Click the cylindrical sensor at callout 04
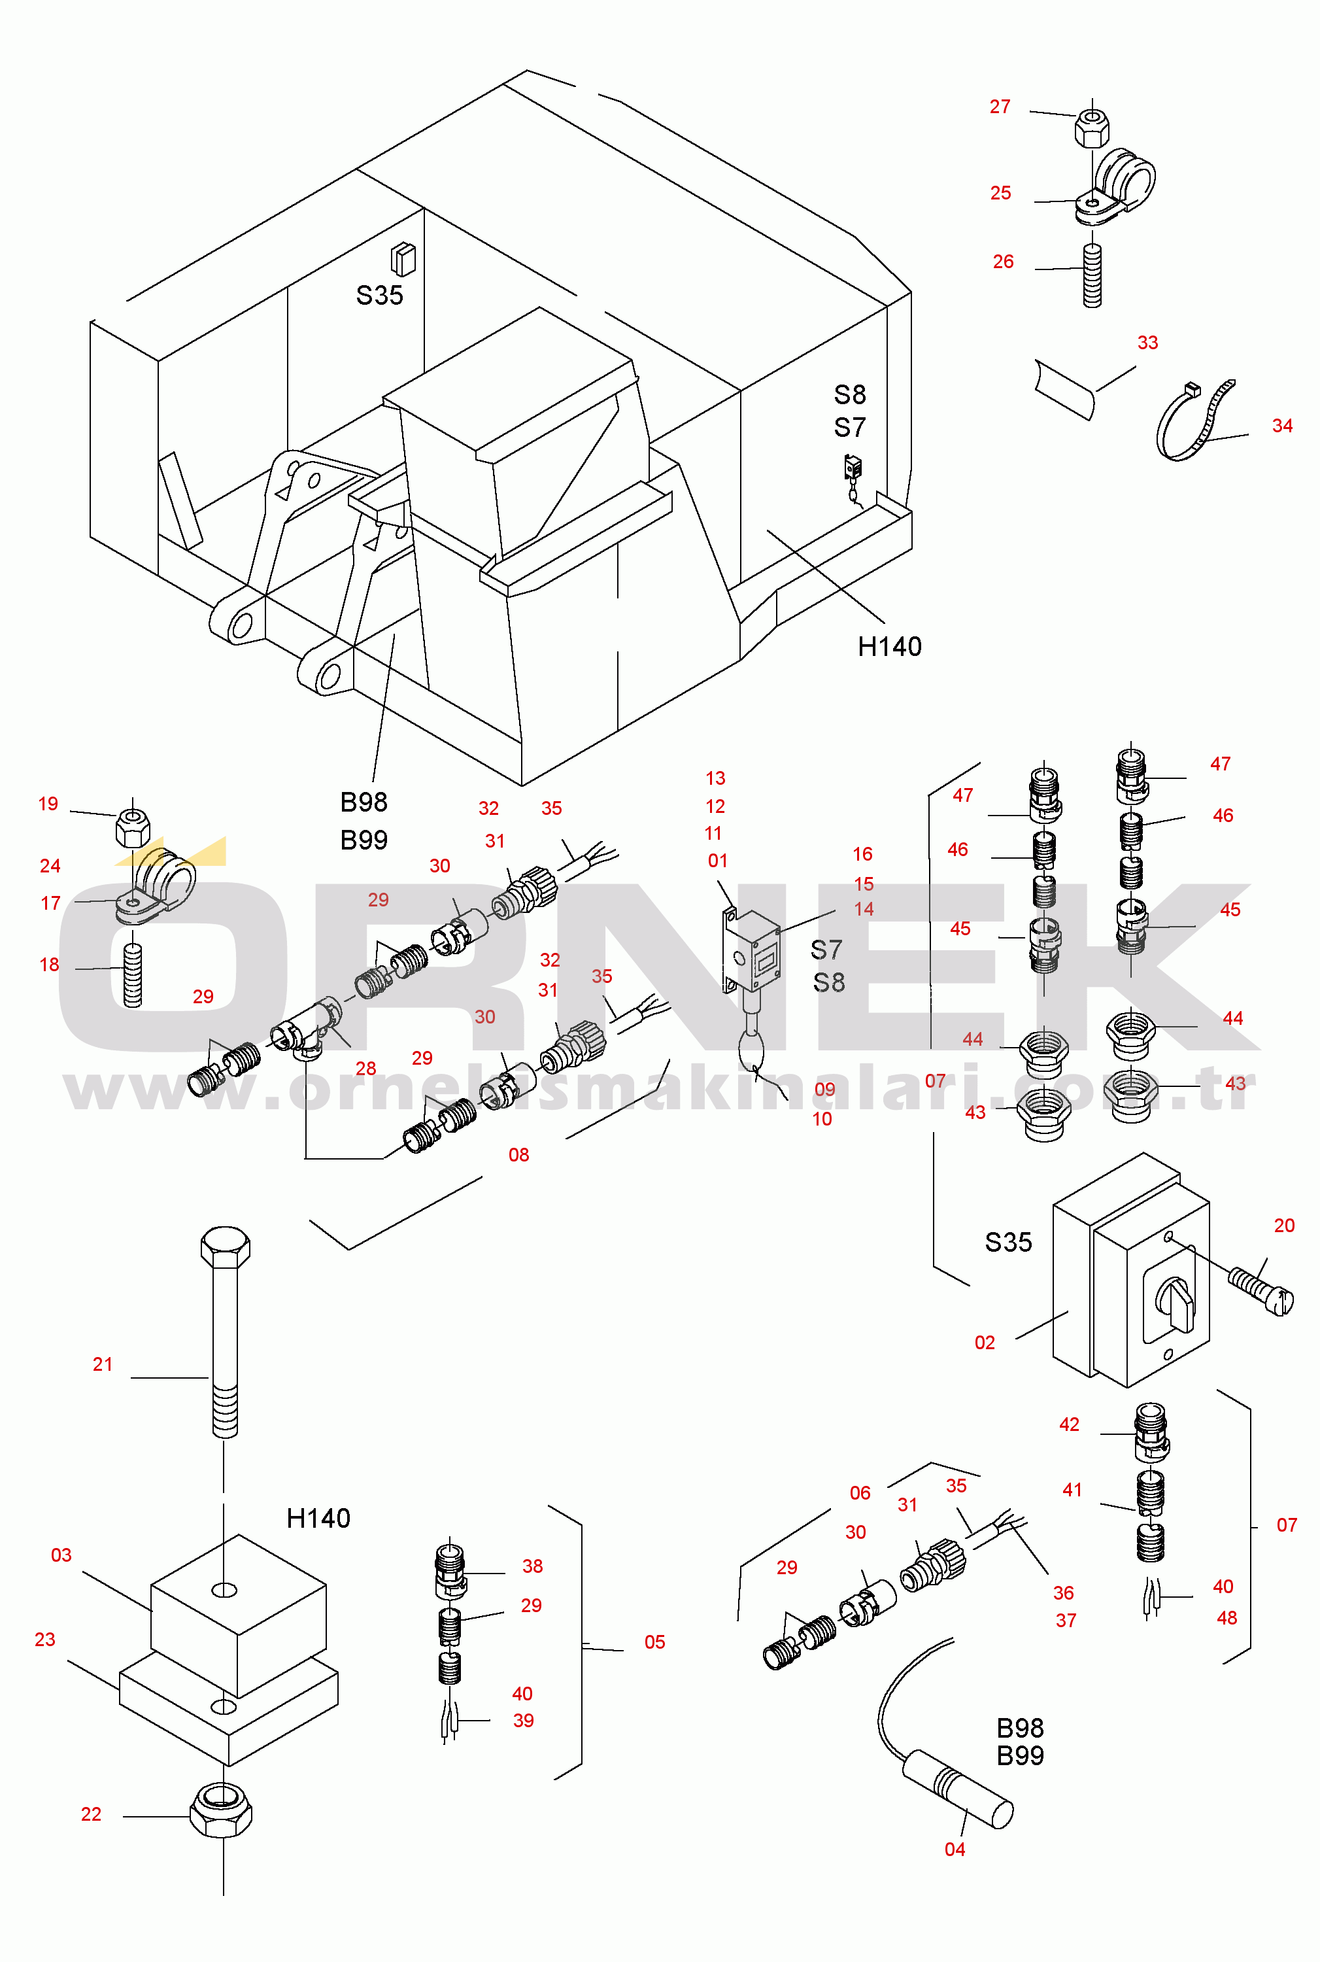[x=958, y=1789]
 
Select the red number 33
[x=1147, y=343]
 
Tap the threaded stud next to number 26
[x=1092, y=275]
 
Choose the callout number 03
[x=61, y=1555]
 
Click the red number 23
[x=44, y=1640]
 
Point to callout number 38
[x=532, y=1566]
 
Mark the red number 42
[x=1069, y=1424]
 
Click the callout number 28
[x=365, y=1069]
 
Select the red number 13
[x=715, y=778]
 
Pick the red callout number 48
[x=1227, y=1617]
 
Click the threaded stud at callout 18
[x=133, y=975]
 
